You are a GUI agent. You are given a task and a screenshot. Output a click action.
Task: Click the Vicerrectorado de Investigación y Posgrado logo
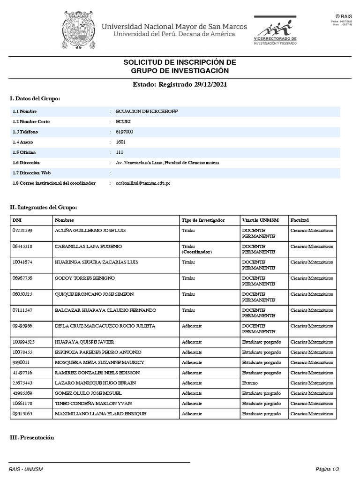[275, 30]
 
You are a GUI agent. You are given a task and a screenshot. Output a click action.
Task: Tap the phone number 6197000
[124, 132]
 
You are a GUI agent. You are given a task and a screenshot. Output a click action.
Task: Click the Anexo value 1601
[120, 142]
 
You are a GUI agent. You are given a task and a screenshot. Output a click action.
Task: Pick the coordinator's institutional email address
[143, 183]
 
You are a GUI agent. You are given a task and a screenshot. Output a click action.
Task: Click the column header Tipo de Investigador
[203, 220]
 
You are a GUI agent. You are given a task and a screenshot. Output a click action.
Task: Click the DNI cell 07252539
[22, 231]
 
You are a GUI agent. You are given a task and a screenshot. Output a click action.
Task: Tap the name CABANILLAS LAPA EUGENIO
[88, 247]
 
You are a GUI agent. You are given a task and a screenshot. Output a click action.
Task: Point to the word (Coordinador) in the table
[197, 252]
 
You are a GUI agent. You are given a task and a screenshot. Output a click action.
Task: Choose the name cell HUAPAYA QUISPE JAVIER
[84, 342]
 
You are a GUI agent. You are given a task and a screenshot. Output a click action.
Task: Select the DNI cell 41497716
[22, 373]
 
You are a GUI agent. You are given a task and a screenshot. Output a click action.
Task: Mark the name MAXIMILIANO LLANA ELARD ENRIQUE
[100, 414]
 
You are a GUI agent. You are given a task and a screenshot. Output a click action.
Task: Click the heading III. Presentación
[32, 438]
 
